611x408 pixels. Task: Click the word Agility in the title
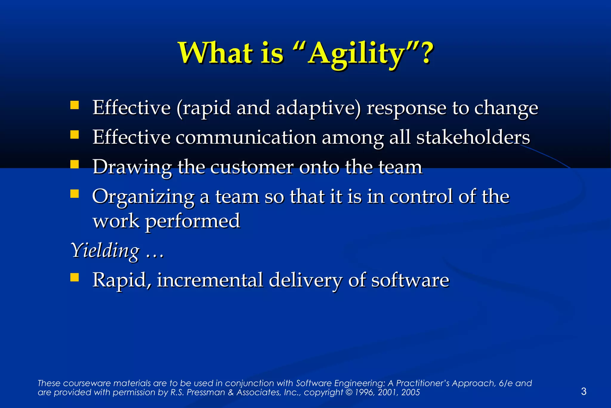pos(357,54)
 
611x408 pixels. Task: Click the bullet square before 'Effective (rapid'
pos(75,105)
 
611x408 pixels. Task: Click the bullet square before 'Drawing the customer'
pos(75,164)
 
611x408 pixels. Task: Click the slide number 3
pos(584,391)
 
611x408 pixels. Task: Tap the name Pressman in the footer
pos(206,392)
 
